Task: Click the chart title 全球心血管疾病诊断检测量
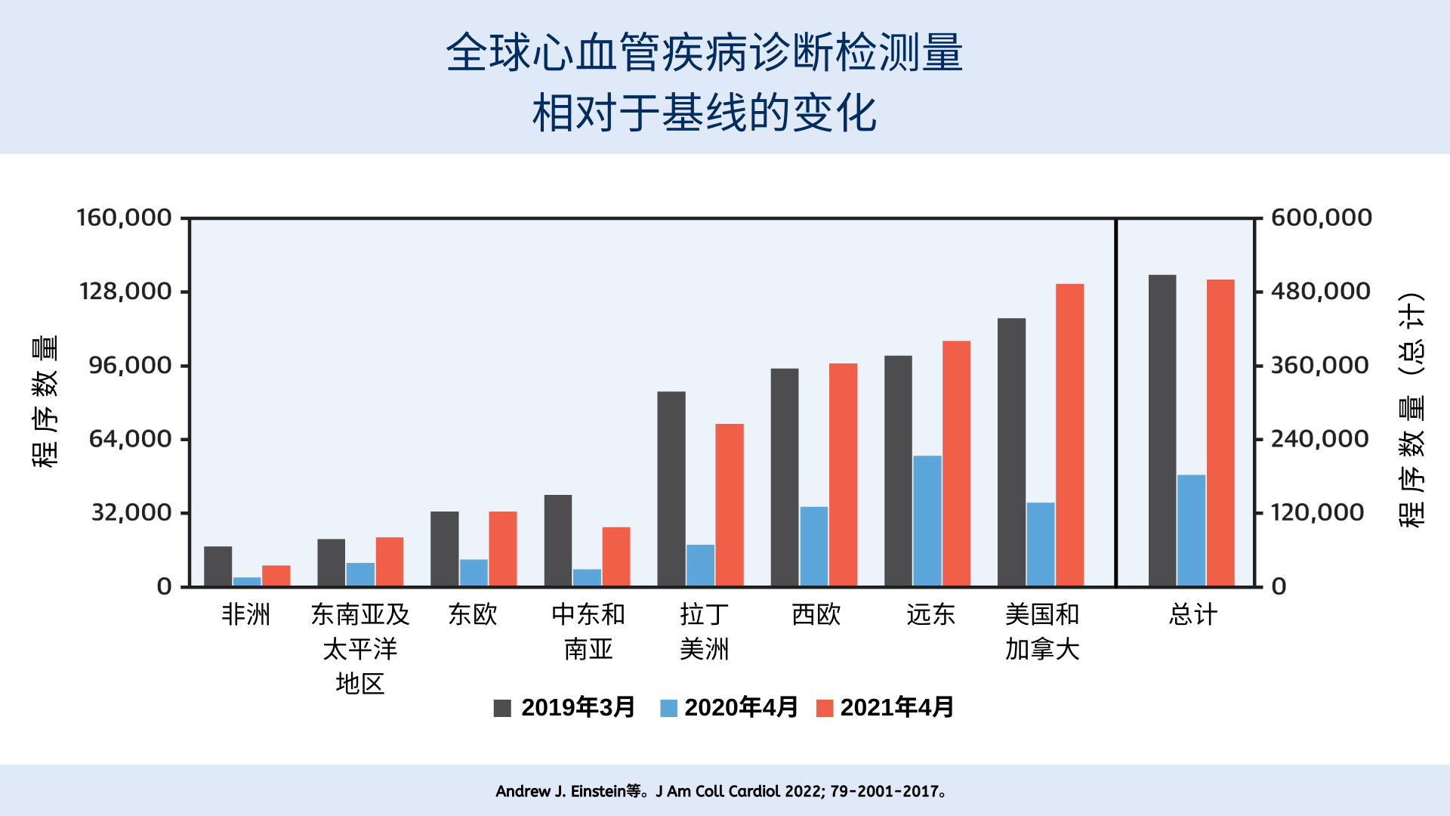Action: [x=704, y=53]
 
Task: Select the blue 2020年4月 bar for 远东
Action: [x=927, y=521]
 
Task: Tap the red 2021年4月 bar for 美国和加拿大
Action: [x=1069, y=434]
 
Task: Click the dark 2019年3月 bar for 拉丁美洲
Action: [x=671, y=488]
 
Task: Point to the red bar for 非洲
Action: [x=276, y=575]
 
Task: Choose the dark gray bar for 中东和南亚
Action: [x=558, y=540]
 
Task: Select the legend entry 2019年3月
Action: [x=563, y=708]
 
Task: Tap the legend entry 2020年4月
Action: [x=729, y=708]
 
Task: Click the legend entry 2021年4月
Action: [x=885, y=708]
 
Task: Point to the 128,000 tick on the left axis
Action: [x=125, y=292]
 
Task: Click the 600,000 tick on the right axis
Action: [x=1321, y=218]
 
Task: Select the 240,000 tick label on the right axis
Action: [x=1319, y=439]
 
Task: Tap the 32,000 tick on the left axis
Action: [x=131, y=513]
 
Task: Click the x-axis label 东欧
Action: [x=473, y=615]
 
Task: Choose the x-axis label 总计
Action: [x=1192, y=615]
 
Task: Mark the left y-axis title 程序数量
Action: [x=45, y=401]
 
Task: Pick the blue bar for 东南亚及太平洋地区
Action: [x=360, y=574]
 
